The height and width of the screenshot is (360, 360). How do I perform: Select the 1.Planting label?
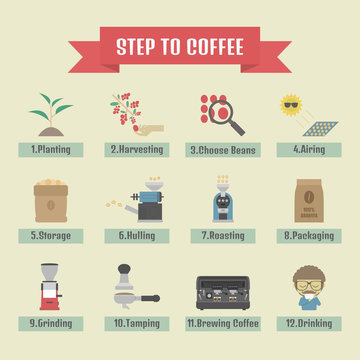pos(47,150)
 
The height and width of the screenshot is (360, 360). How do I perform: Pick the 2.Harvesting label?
pos(135,150)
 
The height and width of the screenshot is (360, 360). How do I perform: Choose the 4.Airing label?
pos(310,150)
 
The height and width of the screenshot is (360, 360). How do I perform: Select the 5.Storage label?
pos(47,236)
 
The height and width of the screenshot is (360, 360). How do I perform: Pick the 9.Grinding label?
pos(47,323)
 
